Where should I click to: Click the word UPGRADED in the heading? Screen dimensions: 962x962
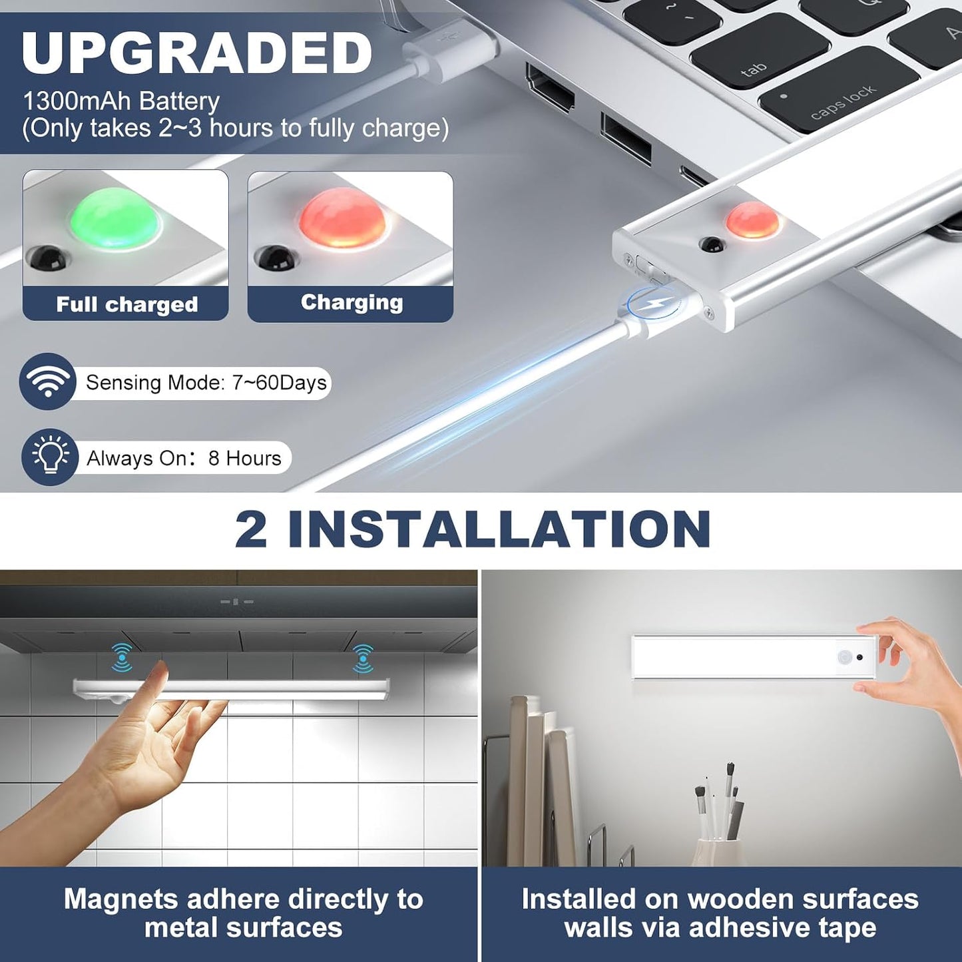[197, 53]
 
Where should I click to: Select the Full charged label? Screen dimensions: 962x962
[126, 304]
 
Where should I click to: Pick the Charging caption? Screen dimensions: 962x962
[352, 302]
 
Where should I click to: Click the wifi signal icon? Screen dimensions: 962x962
[47, 381]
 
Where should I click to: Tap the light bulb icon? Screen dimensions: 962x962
[50, 457]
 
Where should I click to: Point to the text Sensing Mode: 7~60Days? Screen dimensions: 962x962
[206, 382]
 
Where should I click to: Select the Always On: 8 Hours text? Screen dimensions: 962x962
[184, 458]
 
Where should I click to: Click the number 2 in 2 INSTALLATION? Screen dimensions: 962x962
[250, 529]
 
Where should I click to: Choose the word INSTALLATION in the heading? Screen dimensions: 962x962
[499, 529]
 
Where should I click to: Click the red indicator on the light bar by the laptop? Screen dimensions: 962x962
[752, 220]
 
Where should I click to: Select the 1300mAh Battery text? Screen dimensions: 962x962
[121, 101]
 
